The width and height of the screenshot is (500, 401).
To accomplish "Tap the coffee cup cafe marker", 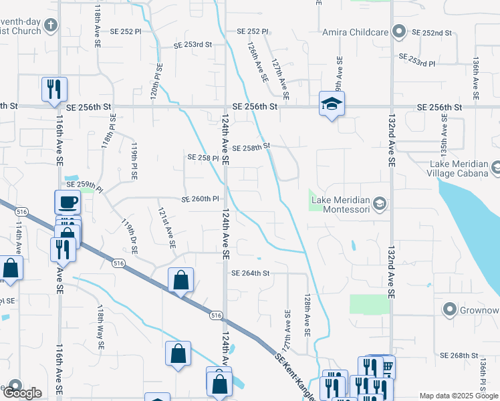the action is (68, 202).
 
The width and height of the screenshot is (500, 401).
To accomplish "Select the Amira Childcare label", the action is (354, 31).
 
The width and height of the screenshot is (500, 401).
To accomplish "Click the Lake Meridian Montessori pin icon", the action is (379, 203).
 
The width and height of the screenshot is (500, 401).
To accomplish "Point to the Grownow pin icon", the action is (449, 309).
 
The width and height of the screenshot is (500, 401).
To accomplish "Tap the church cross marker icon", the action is (51, 27).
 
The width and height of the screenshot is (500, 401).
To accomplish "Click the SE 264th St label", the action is (250, 273).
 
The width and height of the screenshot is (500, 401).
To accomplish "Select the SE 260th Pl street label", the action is (201, 199).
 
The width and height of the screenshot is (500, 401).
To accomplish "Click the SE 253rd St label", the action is (193, 45).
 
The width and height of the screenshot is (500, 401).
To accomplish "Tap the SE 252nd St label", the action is (432, 32).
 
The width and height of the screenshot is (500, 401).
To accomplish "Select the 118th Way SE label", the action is (100, 328).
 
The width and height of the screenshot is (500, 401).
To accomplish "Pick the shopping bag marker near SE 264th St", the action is (181, 280).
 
